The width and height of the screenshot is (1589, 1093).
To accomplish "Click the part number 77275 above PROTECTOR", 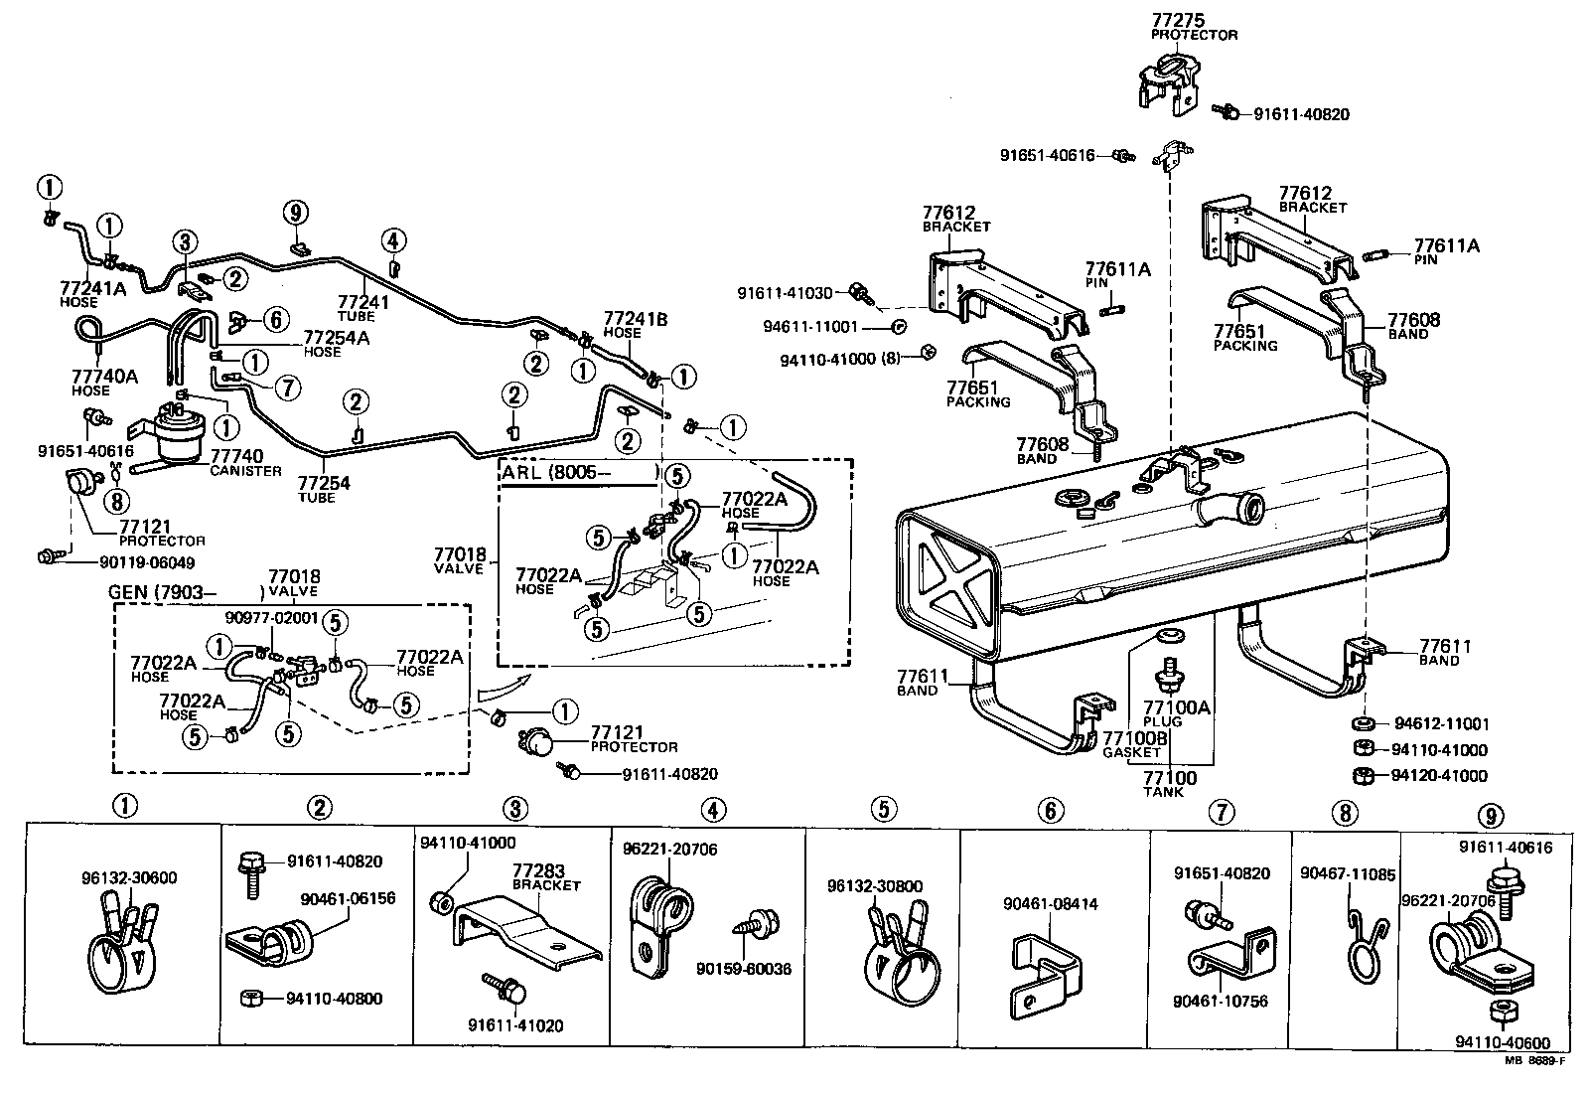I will pyautogui.click(x=1176, y=20).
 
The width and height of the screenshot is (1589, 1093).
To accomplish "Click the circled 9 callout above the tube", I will pyautogui.click(x=295, y=212).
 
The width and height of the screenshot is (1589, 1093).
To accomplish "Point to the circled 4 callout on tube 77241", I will pyautogui.click(x=393, y=239).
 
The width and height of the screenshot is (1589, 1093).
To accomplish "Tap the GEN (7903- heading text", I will pyautogui.click(x=156, y=593).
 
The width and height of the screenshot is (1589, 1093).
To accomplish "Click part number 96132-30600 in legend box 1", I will pyautogui.click(x=129, y=878).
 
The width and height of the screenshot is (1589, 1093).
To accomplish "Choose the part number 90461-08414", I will pyautogui.click(x=1050, y=904).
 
